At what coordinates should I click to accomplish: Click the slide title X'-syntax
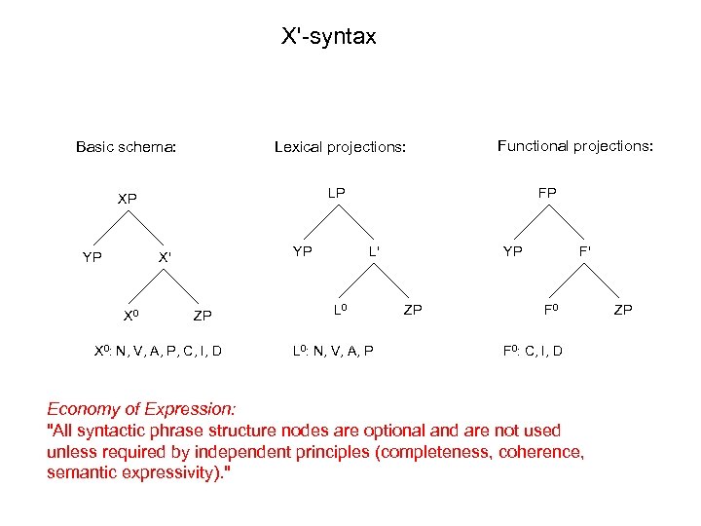328,38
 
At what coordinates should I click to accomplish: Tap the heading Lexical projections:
339,148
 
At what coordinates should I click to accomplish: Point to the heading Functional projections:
574,146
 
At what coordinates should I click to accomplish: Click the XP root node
128,199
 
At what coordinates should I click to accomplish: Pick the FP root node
547,193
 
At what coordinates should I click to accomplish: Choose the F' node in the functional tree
585,251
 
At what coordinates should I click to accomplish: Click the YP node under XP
92,258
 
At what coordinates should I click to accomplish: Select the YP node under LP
303,251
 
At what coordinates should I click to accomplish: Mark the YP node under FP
513,251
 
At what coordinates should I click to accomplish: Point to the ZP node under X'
203,316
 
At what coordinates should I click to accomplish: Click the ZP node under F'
623,310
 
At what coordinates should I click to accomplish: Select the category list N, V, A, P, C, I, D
168,351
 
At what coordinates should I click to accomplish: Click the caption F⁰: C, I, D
533,351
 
